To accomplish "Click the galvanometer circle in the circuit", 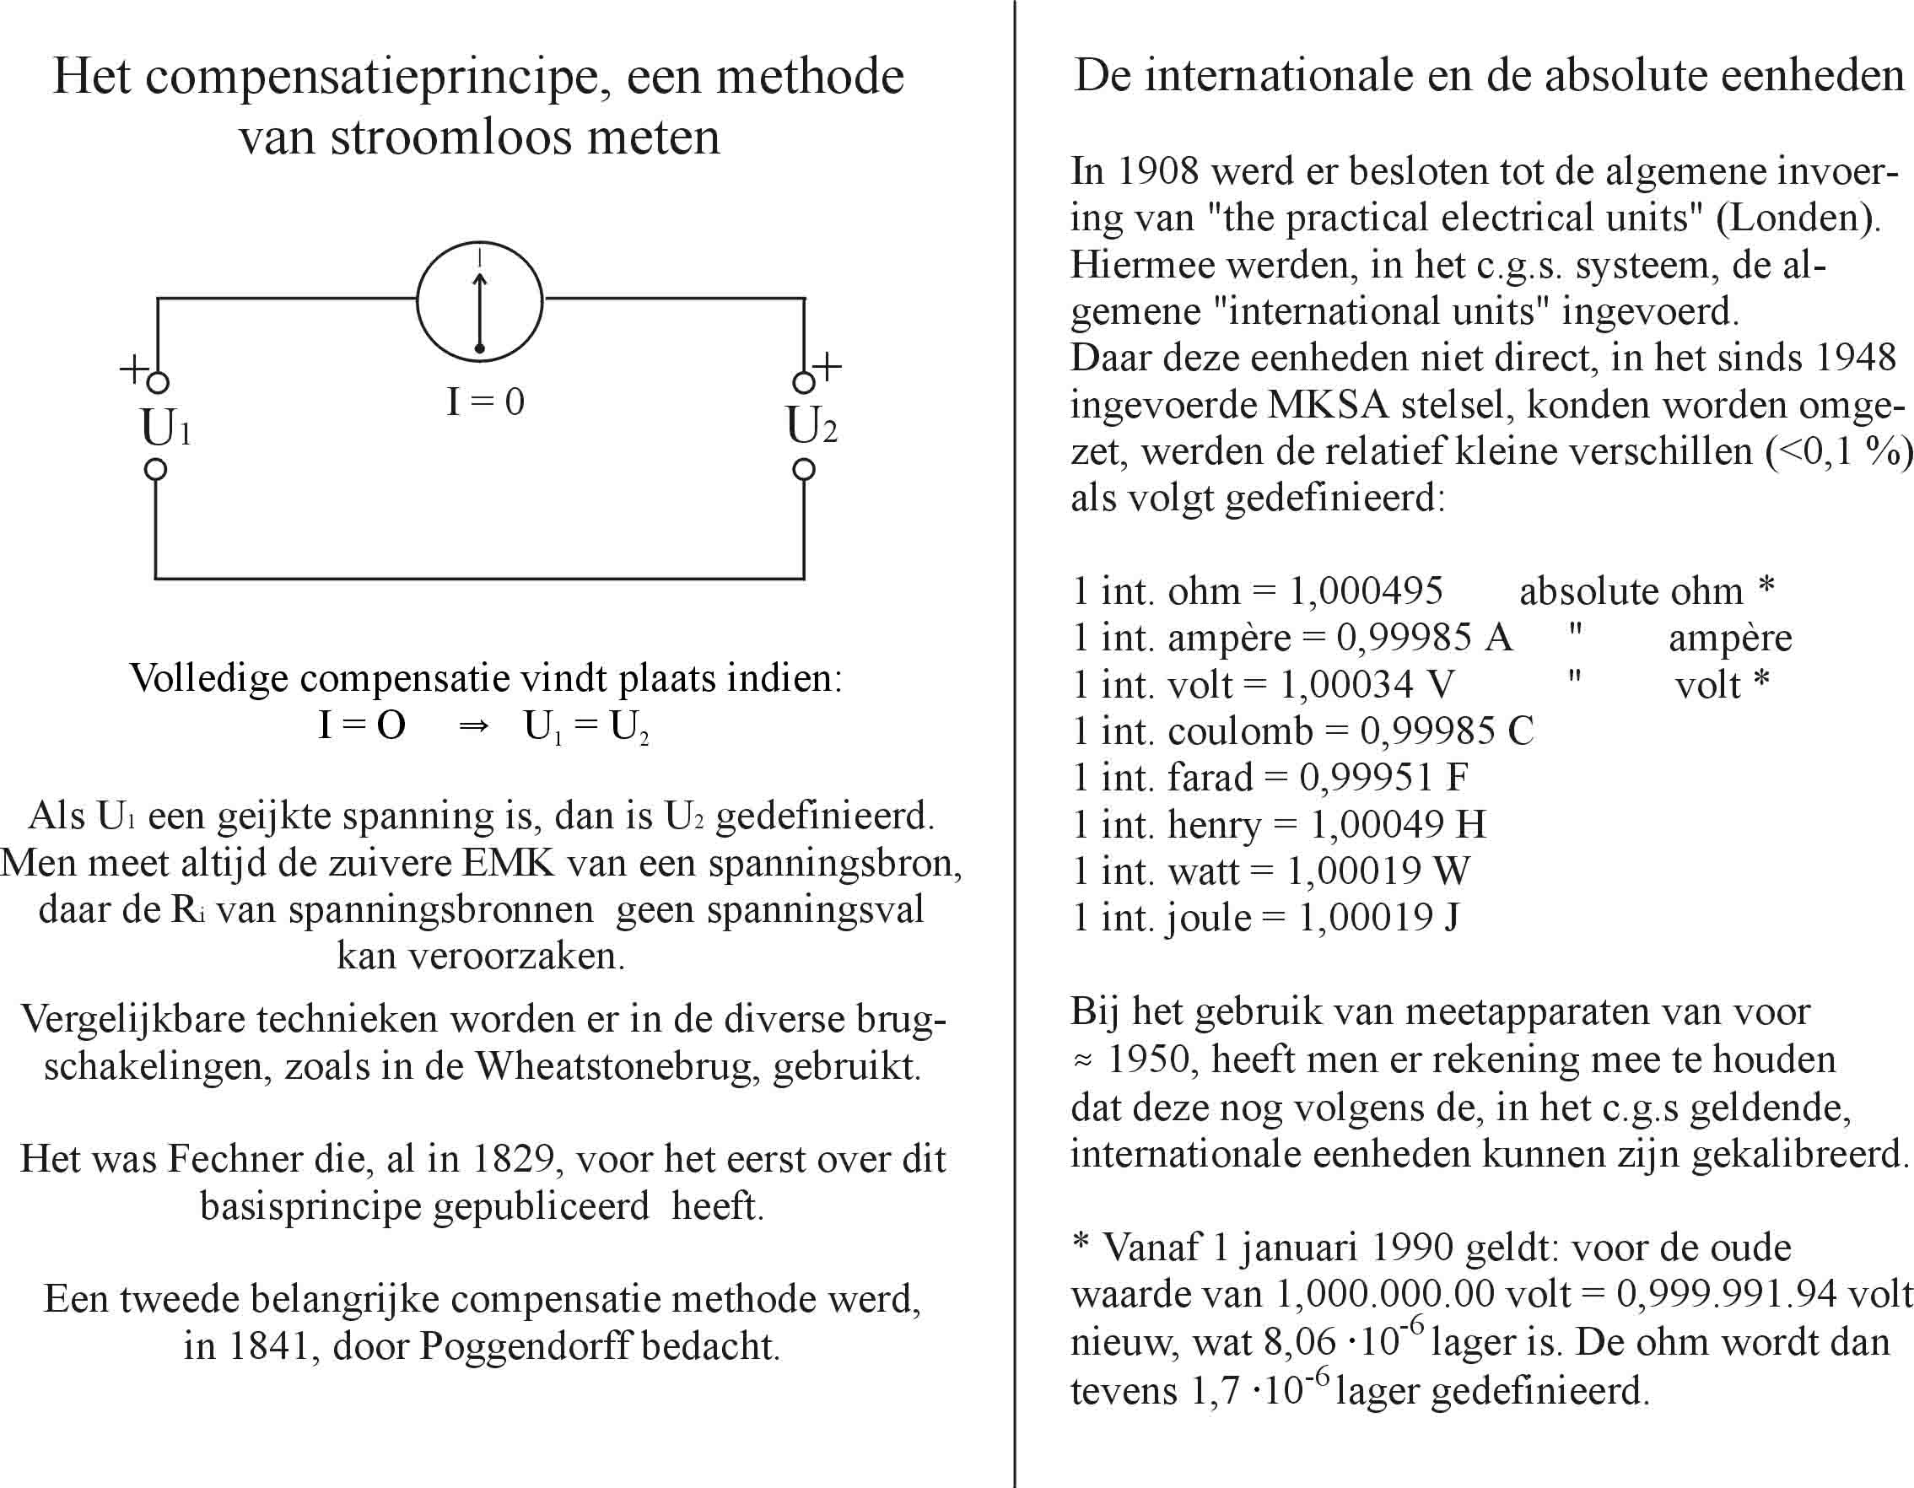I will (x=479, y=300).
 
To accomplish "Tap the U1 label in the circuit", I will (x=164, y=429).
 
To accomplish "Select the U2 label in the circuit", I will (x=811, y=427).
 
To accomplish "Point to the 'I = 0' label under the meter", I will (x=486, y=402).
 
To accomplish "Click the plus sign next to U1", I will (x=133, y=369).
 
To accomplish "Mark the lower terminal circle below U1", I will (x=156, y=470).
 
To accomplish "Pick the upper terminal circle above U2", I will (x=803, y=383).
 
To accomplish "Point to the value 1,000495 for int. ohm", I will (x=1366, y=591).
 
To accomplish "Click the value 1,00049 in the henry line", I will (x=1377, y=824).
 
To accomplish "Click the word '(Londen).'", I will (x=1798, y=218).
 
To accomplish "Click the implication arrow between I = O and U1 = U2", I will (x=473, y=727).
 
